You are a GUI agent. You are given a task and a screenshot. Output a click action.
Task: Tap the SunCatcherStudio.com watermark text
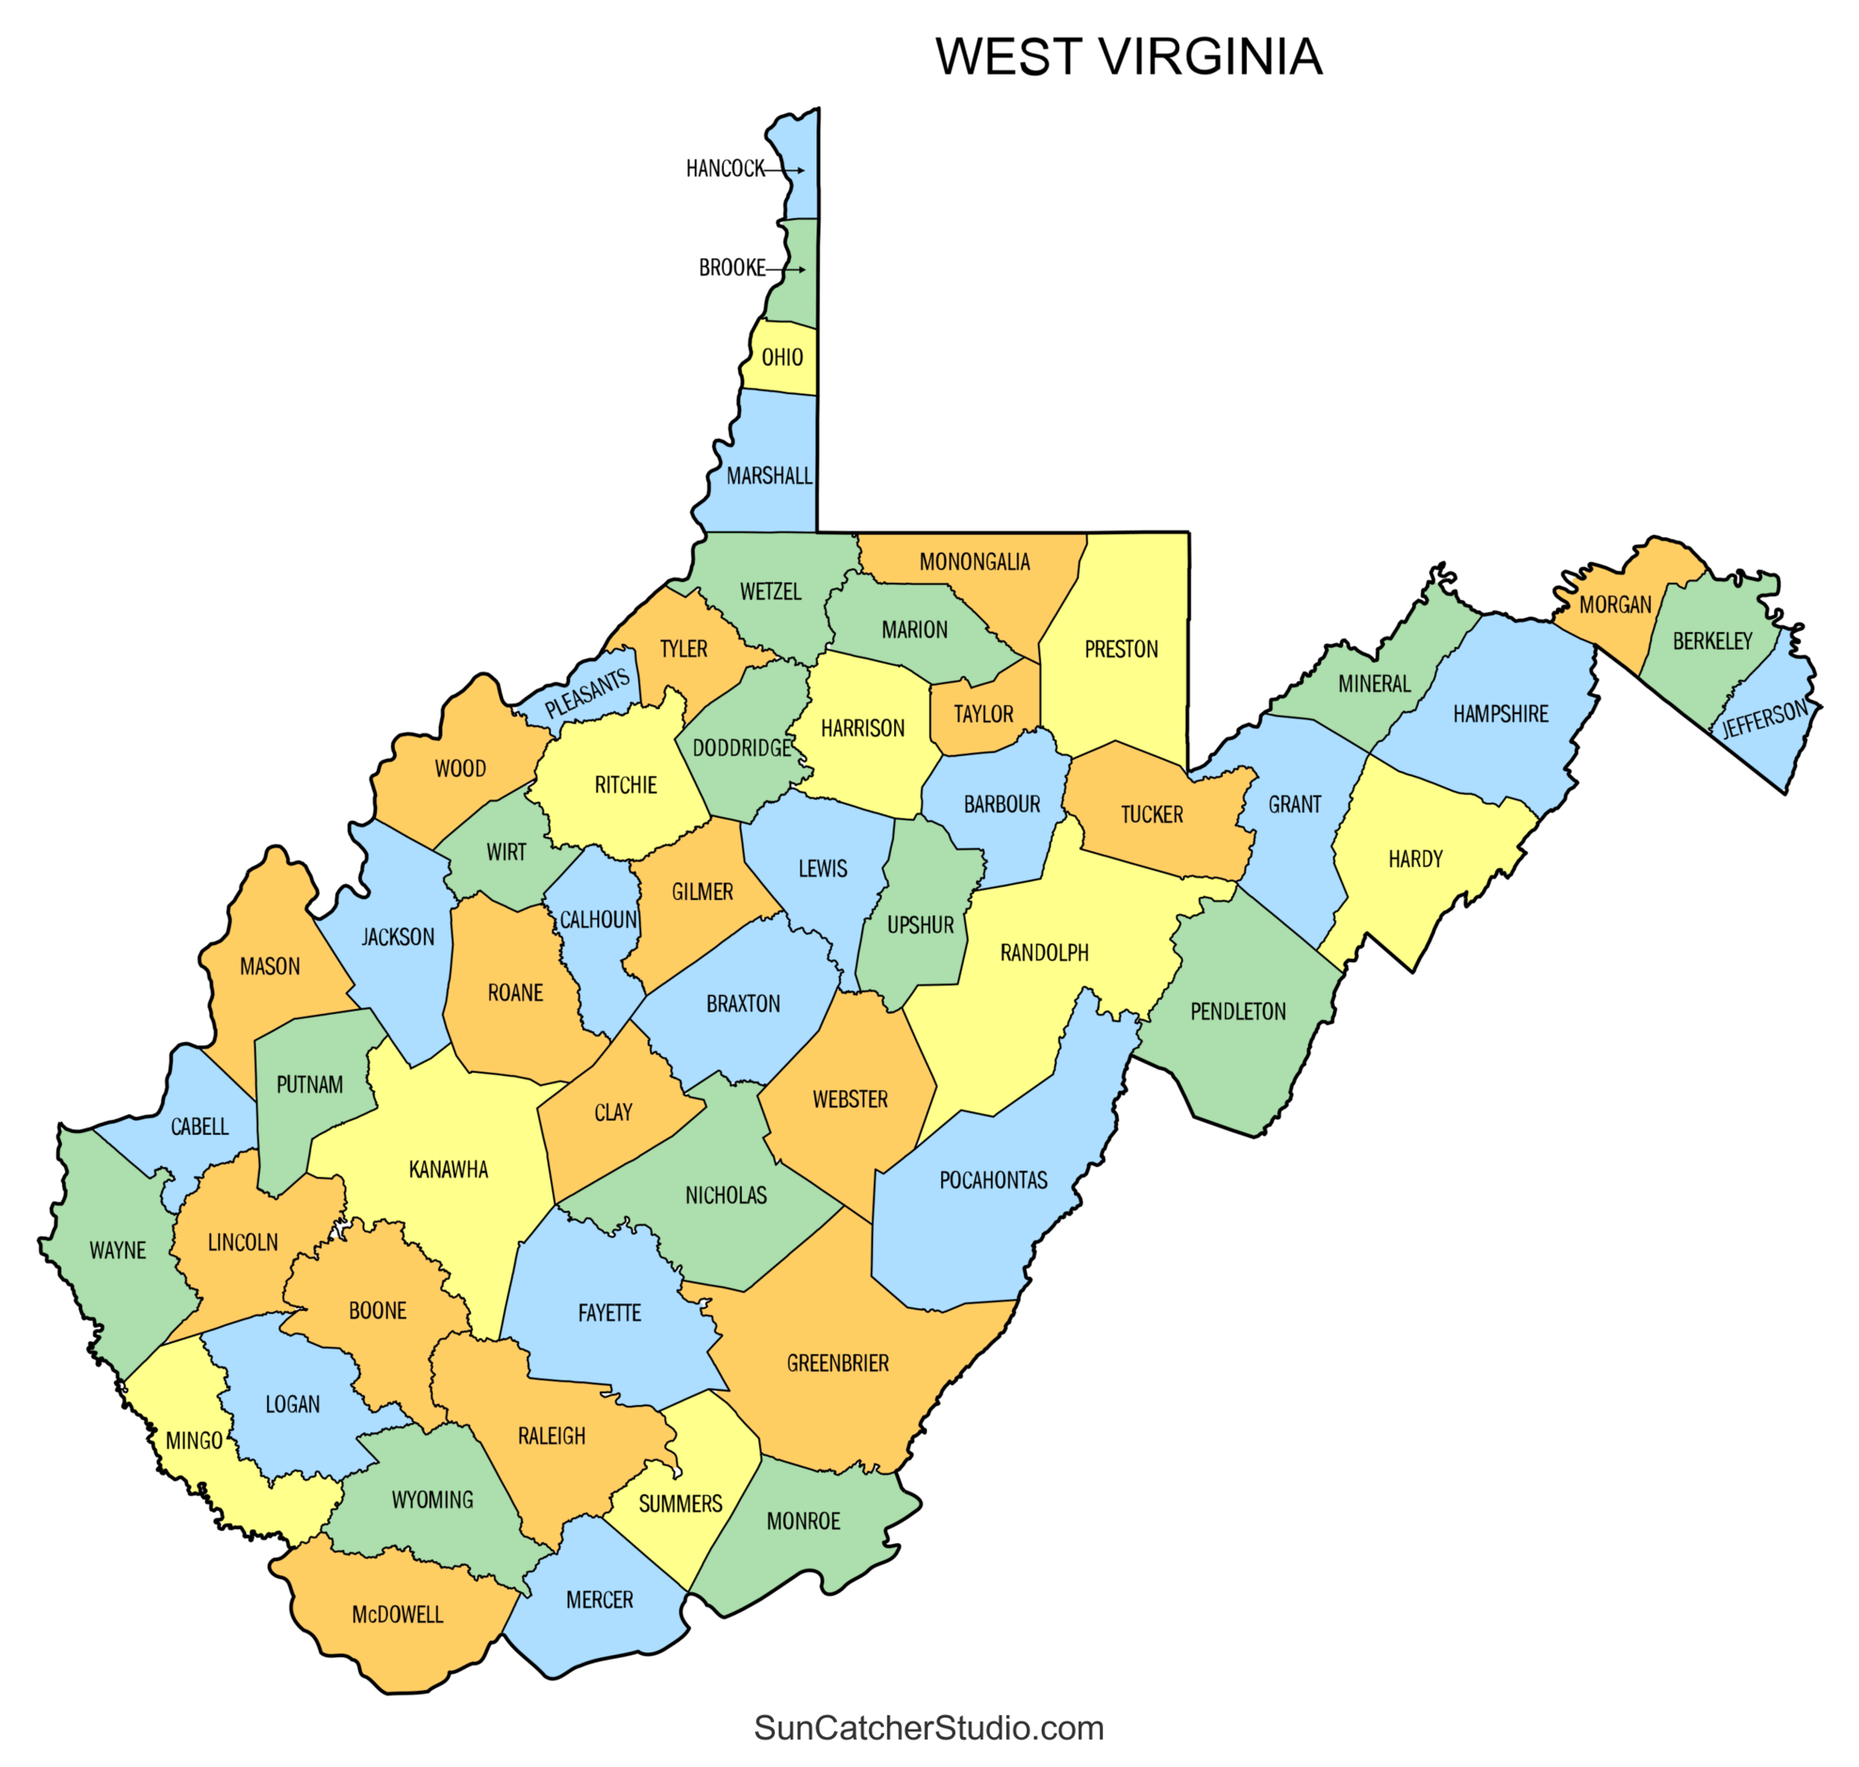coord(928,1727)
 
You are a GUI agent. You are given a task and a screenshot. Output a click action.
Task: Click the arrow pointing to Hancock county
coord(784,170)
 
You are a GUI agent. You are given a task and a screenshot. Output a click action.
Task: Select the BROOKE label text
coord(730,269)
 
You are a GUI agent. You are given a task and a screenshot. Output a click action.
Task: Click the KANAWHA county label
coord(449,1169)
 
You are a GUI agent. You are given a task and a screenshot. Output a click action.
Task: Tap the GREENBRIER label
coord(837,1363)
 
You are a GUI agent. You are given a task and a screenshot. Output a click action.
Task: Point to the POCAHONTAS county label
coord(992,1180)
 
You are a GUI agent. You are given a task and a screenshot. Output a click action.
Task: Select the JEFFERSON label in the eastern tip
coord(1764,720)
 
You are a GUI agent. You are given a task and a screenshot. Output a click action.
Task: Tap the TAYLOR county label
coord(983,714)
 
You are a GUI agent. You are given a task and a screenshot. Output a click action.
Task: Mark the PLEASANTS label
coord(587,693)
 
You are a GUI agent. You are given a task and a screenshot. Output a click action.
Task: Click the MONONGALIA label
coord(974,562)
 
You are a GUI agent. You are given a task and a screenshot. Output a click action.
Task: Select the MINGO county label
coord(194,1441)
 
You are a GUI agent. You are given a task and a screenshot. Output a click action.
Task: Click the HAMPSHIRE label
coord(1500,714)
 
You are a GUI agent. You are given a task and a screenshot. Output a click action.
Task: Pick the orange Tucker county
coord(1151,815)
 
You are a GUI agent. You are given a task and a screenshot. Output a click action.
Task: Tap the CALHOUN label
coord(598,919)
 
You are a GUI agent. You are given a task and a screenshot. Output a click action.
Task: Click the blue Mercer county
coord(600,1600)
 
